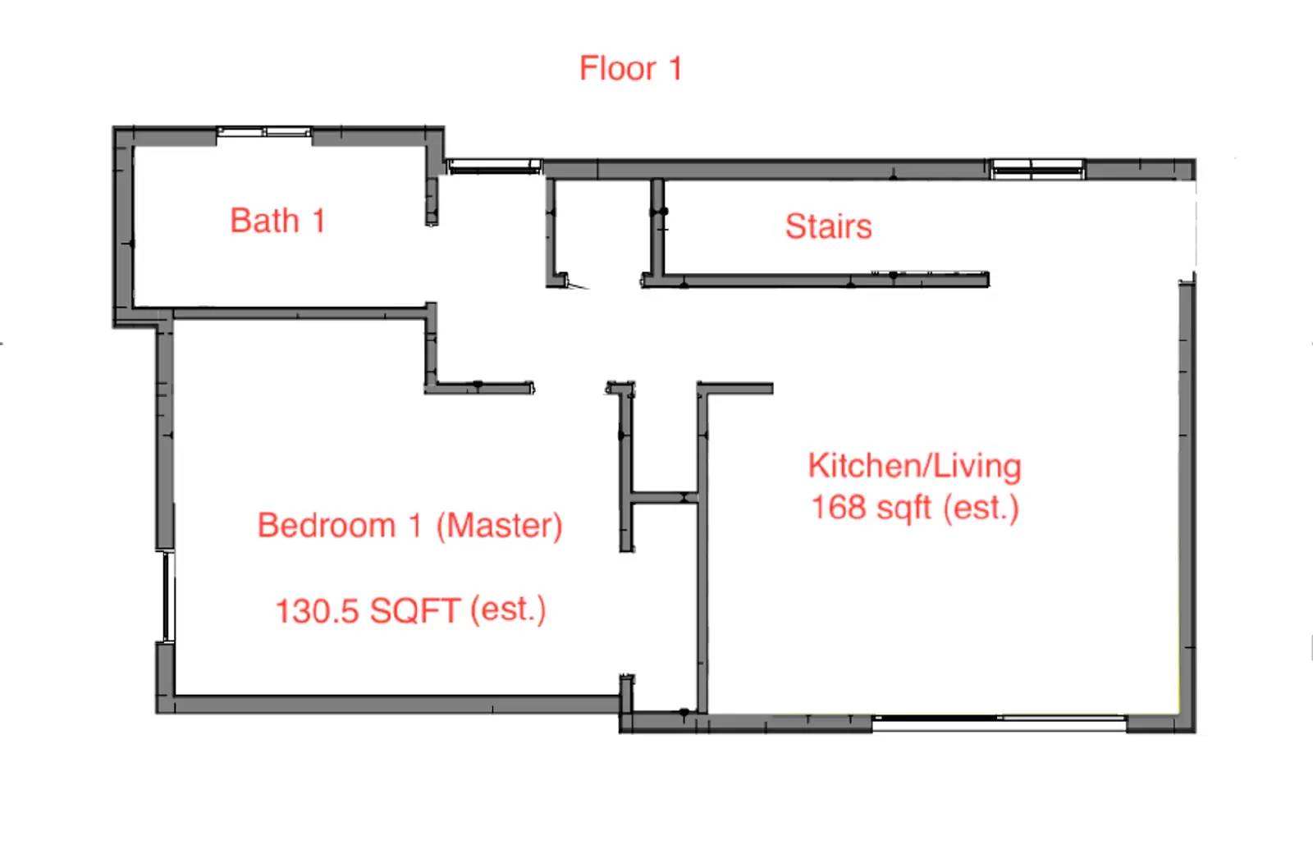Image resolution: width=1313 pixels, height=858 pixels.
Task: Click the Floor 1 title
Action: (630, 68)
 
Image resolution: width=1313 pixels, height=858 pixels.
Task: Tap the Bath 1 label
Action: (277, 221)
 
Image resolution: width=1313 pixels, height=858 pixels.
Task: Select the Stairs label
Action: (828, 226)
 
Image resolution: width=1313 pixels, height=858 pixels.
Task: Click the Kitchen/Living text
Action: (914, 466)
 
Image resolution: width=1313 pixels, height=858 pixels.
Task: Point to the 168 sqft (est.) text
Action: (914, 507)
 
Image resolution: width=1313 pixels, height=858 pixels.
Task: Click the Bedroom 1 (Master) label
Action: (409, 525)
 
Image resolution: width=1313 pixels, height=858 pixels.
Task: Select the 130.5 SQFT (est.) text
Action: (409, 610)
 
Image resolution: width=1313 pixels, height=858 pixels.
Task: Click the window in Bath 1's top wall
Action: (264, 132)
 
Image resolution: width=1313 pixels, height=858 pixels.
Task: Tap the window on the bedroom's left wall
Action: (167, 596)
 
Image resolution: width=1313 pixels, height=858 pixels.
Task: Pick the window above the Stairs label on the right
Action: (1038, 169)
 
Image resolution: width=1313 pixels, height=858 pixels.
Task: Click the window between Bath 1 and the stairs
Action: (493, 167)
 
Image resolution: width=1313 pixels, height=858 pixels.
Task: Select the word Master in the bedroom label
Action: (499, 525)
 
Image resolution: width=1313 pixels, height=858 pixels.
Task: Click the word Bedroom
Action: (327, 525)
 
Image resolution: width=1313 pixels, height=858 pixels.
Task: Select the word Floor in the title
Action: (617, 68)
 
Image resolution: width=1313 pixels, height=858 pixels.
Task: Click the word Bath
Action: (264, 221)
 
